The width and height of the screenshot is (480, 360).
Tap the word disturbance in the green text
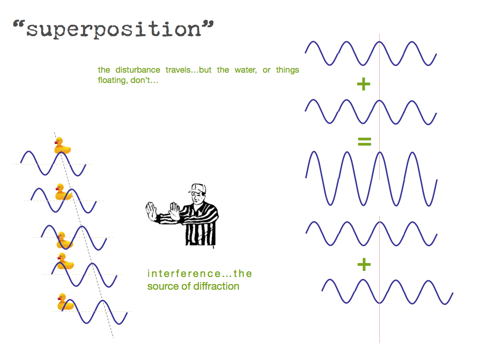[138, 70]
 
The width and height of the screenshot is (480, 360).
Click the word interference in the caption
[184, 273]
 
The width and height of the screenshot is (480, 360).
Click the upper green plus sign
[364, 84]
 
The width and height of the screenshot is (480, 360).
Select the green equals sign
[364, 142]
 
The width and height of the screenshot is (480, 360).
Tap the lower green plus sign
[364, 264]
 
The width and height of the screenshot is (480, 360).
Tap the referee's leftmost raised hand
[151, 211]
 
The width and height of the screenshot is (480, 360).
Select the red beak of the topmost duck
[56, 142]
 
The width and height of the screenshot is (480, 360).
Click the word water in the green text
[246, 70]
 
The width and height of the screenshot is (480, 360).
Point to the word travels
[178, 70]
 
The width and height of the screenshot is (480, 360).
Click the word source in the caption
[163, 286]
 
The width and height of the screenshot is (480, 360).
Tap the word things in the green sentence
[287, 70]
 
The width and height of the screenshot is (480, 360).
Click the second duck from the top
[64, 192]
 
